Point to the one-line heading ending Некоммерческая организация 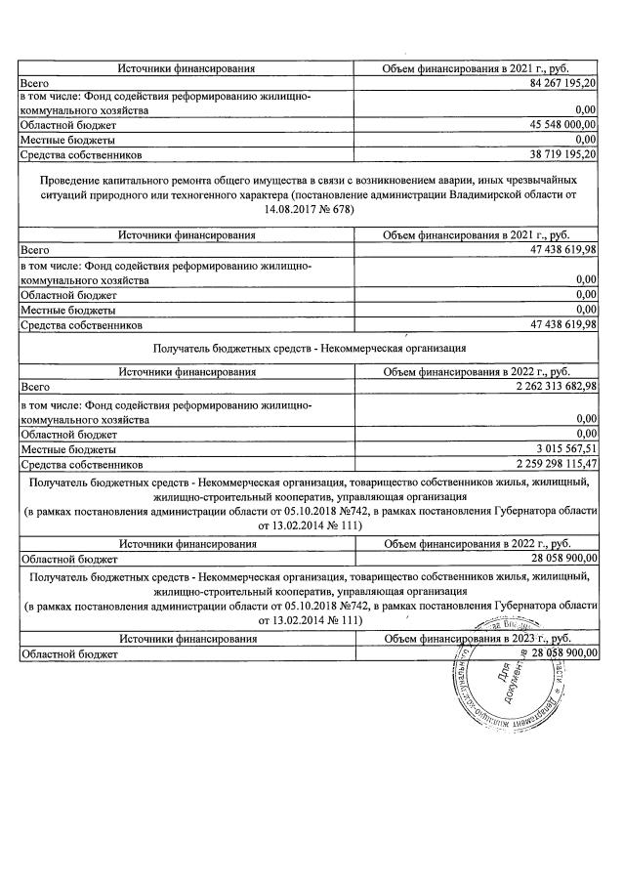(310, 347)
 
